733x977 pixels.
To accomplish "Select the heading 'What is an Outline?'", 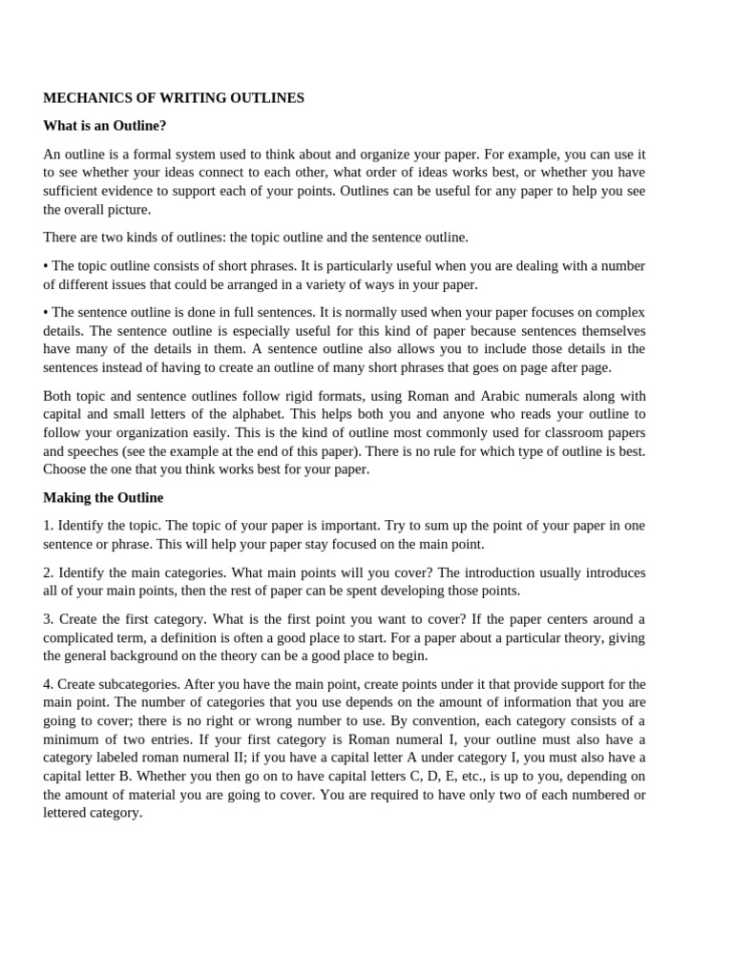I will point(105,126).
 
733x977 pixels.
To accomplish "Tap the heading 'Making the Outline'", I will point(103,497).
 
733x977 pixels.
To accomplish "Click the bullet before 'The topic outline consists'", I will point(46,265).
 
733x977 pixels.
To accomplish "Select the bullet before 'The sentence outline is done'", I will point(46,312).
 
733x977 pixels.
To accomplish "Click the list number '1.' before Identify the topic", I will point(49,526).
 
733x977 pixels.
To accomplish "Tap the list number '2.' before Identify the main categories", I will point(49,572).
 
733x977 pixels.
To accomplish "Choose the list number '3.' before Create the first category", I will point(49,619).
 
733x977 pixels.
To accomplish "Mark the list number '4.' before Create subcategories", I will point(49,684).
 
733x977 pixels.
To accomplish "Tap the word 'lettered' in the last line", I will point(67,814).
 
